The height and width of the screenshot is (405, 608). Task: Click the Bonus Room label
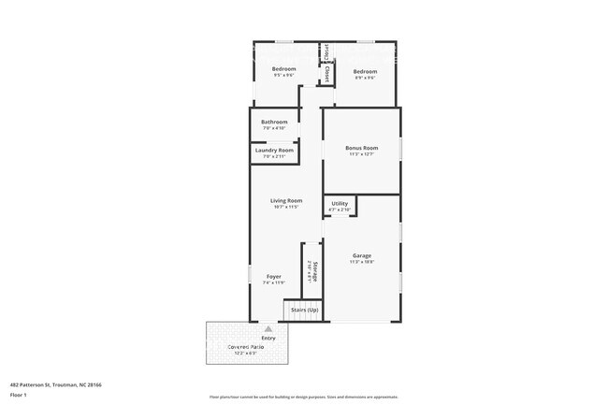click(361, 148)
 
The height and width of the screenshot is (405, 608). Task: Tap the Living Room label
click(286, 200)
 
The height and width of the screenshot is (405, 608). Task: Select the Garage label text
click(361, 255)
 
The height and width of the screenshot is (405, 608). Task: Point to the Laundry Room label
click(274, 150)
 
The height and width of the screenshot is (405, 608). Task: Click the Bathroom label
click(274, 122)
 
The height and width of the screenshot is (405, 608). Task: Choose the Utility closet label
click(340, 203)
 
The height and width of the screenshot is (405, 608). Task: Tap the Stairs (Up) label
click(302, 310)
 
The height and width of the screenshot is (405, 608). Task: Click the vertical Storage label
click(315, 270)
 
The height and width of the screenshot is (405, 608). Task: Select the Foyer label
click(274, 276)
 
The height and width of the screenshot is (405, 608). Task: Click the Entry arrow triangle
click(268, 329)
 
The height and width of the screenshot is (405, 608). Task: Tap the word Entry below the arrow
click(268, 338)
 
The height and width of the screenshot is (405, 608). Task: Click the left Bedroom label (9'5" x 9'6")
click(283, 69)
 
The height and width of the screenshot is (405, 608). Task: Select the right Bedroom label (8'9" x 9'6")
click(365, 72)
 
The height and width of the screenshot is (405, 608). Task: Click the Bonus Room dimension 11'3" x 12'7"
click(361, 154)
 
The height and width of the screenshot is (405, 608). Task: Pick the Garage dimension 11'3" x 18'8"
click(361, 262)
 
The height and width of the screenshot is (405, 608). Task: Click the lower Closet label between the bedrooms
click(326, 72)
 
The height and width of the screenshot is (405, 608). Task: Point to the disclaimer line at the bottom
click(303, 397)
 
